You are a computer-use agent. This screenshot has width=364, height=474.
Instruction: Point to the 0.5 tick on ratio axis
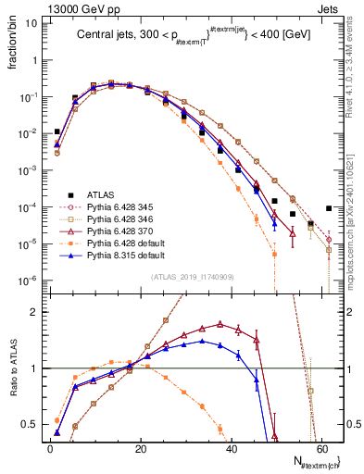point(32,425)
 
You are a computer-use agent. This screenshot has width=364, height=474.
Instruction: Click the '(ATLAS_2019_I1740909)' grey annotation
point(188,277)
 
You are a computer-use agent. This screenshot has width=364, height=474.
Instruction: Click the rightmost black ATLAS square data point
point(329,208)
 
